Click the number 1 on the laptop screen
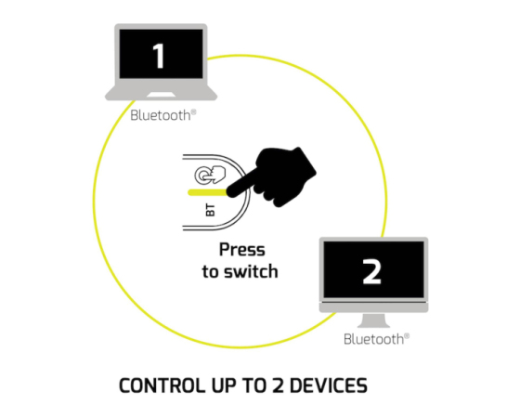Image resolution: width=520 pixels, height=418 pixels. [x=159, y=57]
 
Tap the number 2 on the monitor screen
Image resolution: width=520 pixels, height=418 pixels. [x=372, y=271]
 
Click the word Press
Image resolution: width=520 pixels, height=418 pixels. [x=242, y=250]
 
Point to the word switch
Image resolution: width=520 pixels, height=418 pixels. [x=251, y=271]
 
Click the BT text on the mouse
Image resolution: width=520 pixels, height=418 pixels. [x=210, y=211]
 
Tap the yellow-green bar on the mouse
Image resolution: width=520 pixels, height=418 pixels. [x=208, y=192]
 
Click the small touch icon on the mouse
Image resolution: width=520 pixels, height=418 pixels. [x=210, y=175]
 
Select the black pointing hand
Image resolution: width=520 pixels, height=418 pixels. [x=272, y=176]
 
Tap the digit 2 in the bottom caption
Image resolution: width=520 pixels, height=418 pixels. [x=278, y=385]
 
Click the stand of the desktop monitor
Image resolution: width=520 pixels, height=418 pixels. [x=373, y=320]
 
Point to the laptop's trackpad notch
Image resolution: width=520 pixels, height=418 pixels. [x=162, y=96]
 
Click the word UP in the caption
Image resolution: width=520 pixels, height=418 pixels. [x=224, y=385]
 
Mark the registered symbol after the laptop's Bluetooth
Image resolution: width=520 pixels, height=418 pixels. [x=194, y=112]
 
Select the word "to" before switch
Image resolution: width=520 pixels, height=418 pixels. [x=211, y=271]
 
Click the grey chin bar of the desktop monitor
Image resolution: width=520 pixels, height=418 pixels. [x=373, y=307]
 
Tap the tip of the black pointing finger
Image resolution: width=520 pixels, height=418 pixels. [x=229, y=192]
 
